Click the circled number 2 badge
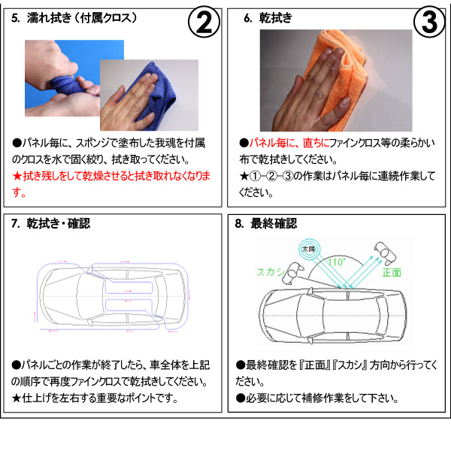pos(204,22)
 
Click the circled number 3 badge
pos(429,22)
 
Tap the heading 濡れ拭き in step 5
pos(49,18)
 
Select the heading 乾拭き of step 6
pos(276,18)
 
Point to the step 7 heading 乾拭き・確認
pos(58,223)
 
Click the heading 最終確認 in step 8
pos(274,223)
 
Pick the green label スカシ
pos(271,272)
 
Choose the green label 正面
pos(392,272)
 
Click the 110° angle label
pos(336,262)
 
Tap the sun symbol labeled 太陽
pos(308,249)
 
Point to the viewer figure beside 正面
pos(385,253)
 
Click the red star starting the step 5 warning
pos(17,176)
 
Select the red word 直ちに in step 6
pos(316,143)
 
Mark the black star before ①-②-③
pos(244,176)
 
